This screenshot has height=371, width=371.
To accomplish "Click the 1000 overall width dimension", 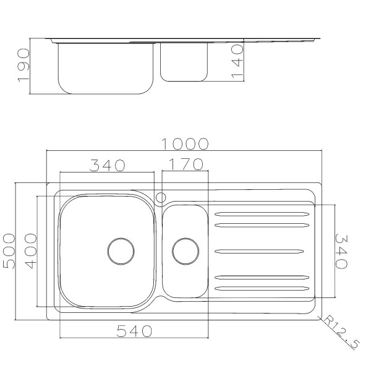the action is point(185,144).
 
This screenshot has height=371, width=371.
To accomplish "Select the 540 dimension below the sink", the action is point(134,331).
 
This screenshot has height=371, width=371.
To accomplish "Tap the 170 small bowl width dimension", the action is point(186,164).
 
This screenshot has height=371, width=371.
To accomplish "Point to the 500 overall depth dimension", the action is point(9,251).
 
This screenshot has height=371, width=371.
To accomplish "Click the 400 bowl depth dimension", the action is point(31,251).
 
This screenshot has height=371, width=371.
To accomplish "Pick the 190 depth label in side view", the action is point(23,66).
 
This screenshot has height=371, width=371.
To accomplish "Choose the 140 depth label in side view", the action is point(237,61).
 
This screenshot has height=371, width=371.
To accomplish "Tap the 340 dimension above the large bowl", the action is point(107,165).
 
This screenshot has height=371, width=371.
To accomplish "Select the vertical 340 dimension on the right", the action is point(341,252).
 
